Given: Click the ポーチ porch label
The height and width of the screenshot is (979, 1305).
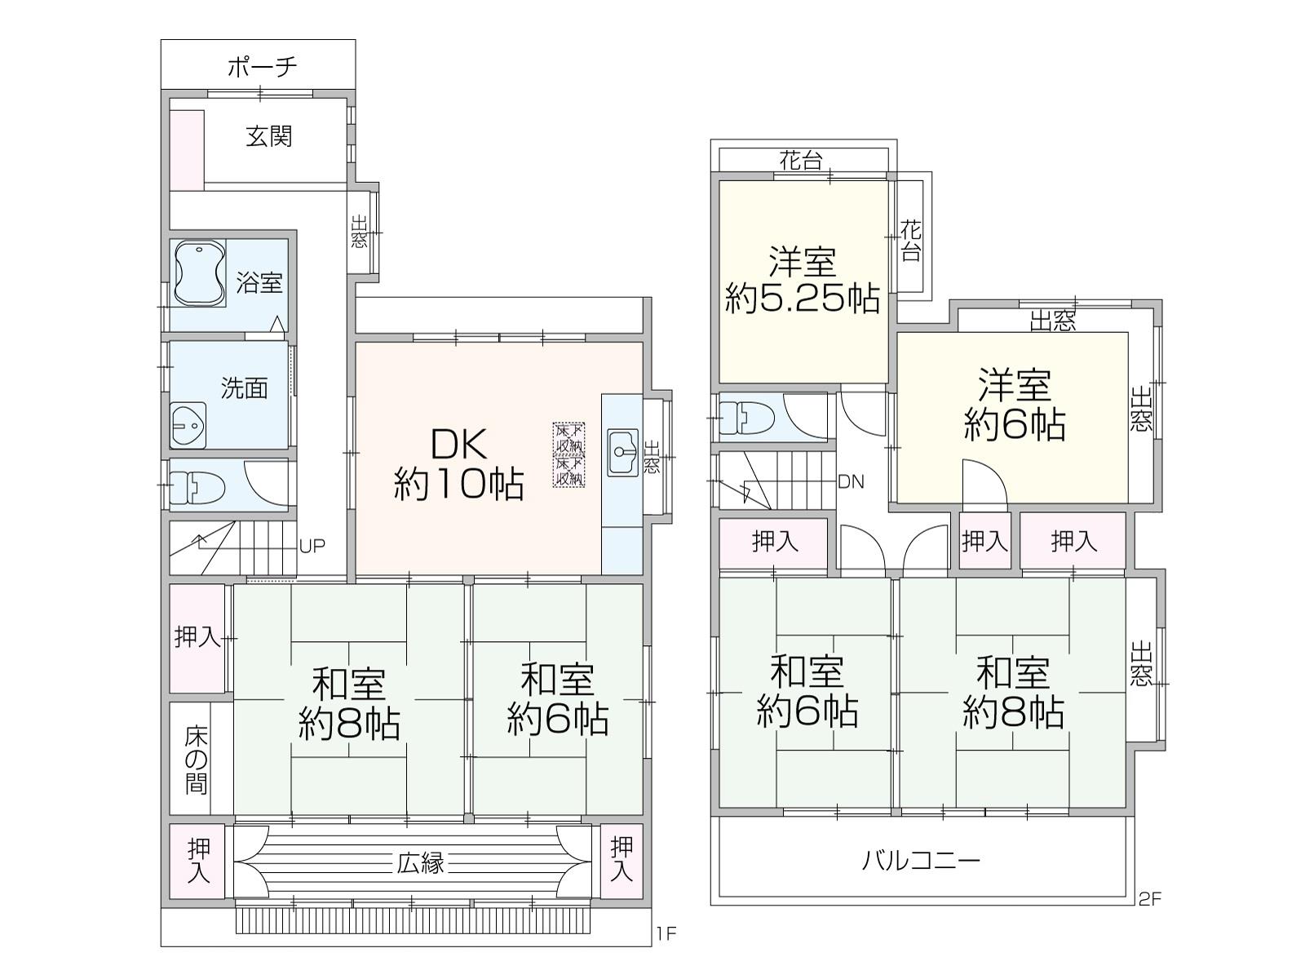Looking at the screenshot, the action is click(262, 67).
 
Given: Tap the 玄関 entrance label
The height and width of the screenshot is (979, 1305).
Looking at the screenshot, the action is click(268, 137).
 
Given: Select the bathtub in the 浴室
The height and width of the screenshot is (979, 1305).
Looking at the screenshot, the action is click(200, 274).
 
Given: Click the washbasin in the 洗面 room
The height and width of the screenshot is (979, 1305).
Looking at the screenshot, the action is click(188, 425).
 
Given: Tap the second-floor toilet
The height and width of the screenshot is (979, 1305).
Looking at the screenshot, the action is click(746, 417).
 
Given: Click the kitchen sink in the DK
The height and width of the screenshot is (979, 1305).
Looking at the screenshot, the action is click(622, 452).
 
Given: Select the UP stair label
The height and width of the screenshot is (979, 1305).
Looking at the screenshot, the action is click(312, 547).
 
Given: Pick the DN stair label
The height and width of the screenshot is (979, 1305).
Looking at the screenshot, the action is click(851, 482).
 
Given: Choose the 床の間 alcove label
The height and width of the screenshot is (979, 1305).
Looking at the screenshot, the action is click(197, 760).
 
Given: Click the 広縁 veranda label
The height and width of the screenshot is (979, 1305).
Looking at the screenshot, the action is click(421, 863).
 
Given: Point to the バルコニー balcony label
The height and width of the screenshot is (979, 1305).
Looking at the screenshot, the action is click(921, 861).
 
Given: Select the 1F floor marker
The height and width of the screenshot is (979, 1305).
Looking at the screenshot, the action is click(666, 934).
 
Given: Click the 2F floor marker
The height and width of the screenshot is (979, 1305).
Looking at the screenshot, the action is click(1150, 899).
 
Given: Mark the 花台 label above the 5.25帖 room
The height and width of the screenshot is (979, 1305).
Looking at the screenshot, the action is click(802, 161).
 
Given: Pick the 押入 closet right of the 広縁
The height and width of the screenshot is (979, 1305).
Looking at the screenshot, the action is click(622, 860).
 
